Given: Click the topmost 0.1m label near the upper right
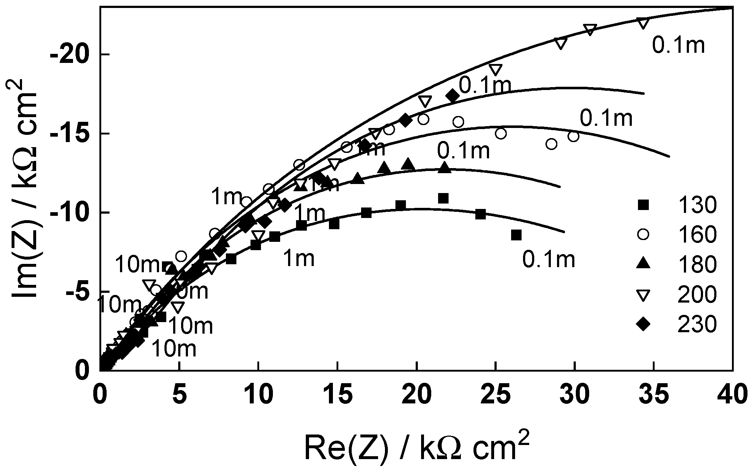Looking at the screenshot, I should (x=678, y=46).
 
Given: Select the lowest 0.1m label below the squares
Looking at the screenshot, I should (x=548, y=260).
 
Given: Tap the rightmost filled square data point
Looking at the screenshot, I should (x=516, y=235).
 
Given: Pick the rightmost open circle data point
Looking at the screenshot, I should (x=573, y=137).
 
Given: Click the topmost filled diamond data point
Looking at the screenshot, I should (x=453, y=96).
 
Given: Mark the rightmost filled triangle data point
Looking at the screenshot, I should (x=445, y=168).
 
